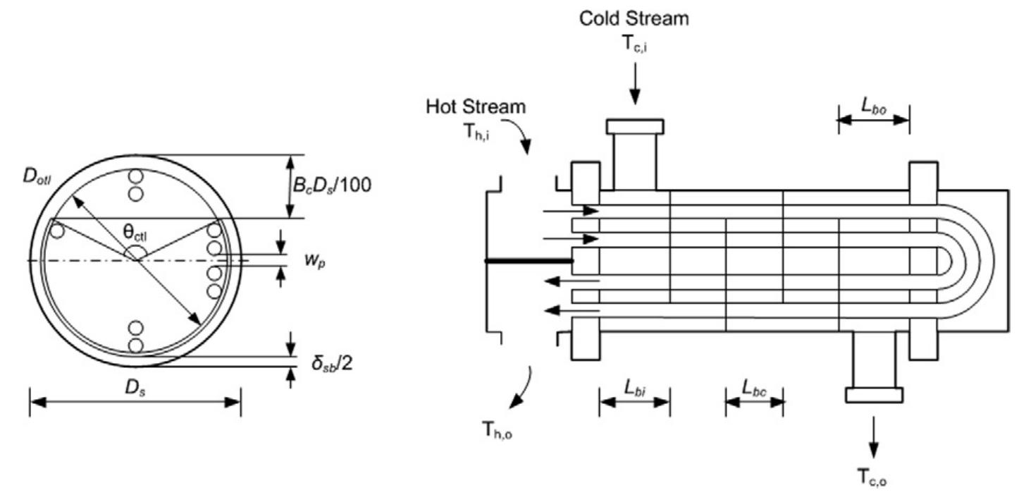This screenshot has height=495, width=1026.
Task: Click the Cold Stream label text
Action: point(634,19)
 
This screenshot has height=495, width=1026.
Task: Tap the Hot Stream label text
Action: point(476,107)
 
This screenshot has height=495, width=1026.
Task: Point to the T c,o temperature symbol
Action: point(873,479)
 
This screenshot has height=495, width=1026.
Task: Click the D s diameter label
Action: point(135,387)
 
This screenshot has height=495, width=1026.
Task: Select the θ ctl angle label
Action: point(135,230)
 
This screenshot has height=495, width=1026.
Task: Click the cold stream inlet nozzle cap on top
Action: point(635,126)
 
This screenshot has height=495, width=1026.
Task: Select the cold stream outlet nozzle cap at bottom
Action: point(874,395)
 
